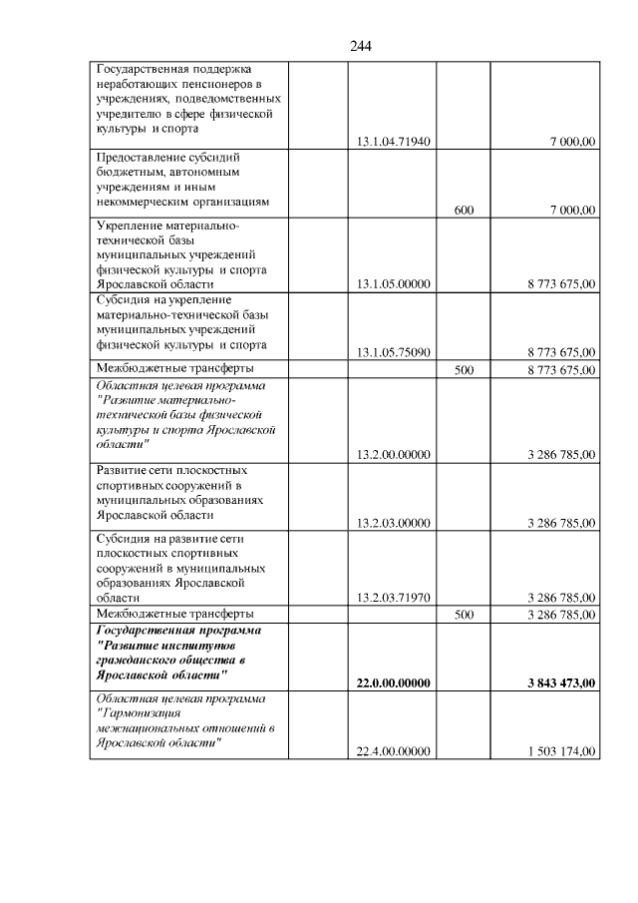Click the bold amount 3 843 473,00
(x=561, y=682)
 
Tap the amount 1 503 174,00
(x=562, y=750)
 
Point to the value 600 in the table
(x=463, y=210)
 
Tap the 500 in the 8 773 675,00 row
(x=463, y=369)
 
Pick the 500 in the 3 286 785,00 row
(x=463, y=615)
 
